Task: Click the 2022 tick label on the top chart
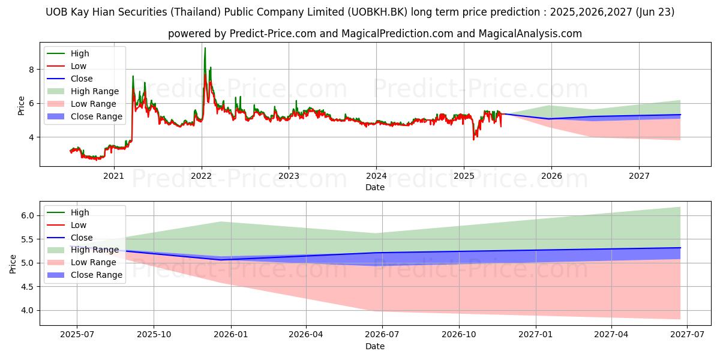pos(201,176)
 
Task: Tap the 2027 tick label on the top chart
pos(639,176)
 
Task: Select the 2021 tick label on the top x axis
pos(113,176)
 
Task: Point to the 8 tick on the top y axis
pos(32,70)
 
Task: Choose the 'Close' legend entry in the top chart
pos(82,79)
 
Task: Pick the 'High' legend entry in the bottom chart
pos(80,212)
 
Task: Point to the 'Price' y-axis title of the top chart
pos(22,106)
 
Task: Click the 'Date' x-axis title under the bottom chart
pos(375,346)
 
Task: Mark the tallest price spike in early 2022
pos(205,49)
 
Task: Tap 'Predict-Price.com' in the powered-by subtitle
pos(273,34)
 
